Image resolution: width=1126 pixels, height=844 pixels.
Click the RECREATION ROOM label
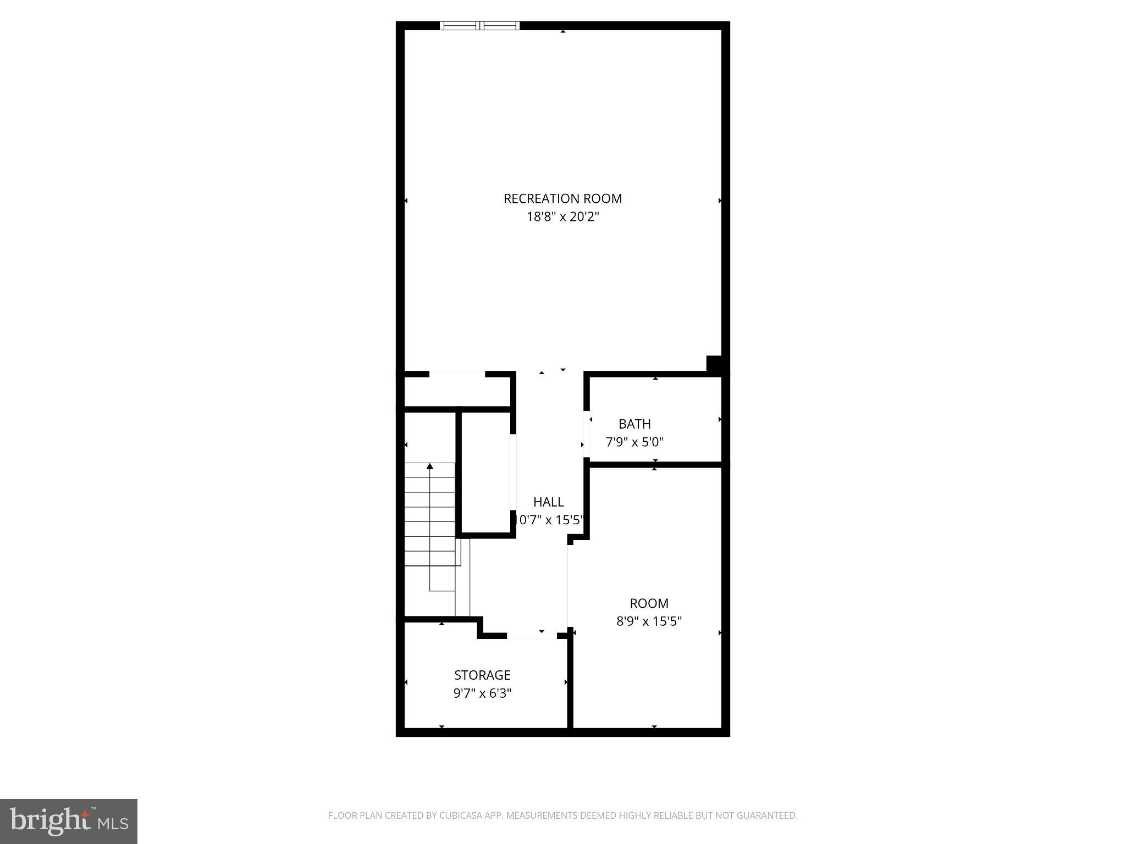(562, 198)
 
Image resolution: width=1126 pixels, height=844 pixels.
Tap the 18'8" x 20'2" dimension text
(562, 216)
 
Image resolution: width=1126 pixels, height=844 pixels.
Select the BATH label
(634, 424)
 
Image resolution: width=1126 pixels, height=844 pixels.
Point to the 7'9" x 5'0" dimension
(634, 442)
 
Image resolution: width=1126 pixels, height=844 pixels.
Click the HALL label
(548, 502)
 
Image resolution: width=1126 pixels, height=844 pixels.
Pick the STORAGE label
(482, 675)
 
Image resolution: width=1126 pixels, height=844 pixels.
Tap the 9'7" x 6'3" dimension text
(482, 693)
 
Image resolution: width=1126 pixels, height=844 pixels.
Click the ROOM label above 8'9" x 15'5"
(649, 603)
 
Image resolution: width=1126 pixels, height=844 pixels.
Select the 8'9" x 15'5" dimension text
(649, 621)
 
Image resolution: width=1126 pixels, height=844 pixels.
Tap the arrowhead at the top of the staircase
(430, 467)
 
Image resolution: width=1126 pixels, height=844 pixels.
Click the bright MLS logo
(69, 821)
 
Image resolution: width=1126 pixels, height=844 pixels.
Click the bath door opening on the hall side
(587, 434)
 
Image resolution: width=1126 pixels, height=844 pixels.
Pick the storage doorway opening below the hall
(532, 636)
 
